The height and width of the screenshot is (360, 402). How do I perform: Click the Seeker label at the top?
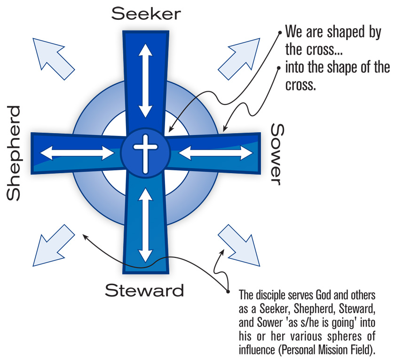coord(145,14)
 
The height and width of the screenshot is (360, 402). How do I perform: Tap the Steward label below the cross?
coord(144,290)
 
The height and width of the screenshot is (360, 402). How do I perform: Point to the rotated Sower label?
coord(278,154)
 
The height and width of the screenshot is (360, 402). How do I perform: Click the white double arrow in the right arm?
coord(216,152)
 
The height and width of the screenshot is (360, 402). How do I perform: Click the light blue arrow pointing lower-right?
coord(239,245)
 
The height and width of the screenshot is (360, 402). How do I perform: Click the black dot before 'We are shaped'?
coord(281,34)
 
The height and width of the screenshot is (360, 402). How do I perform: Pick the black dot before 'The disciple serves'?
coord(229,289)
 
